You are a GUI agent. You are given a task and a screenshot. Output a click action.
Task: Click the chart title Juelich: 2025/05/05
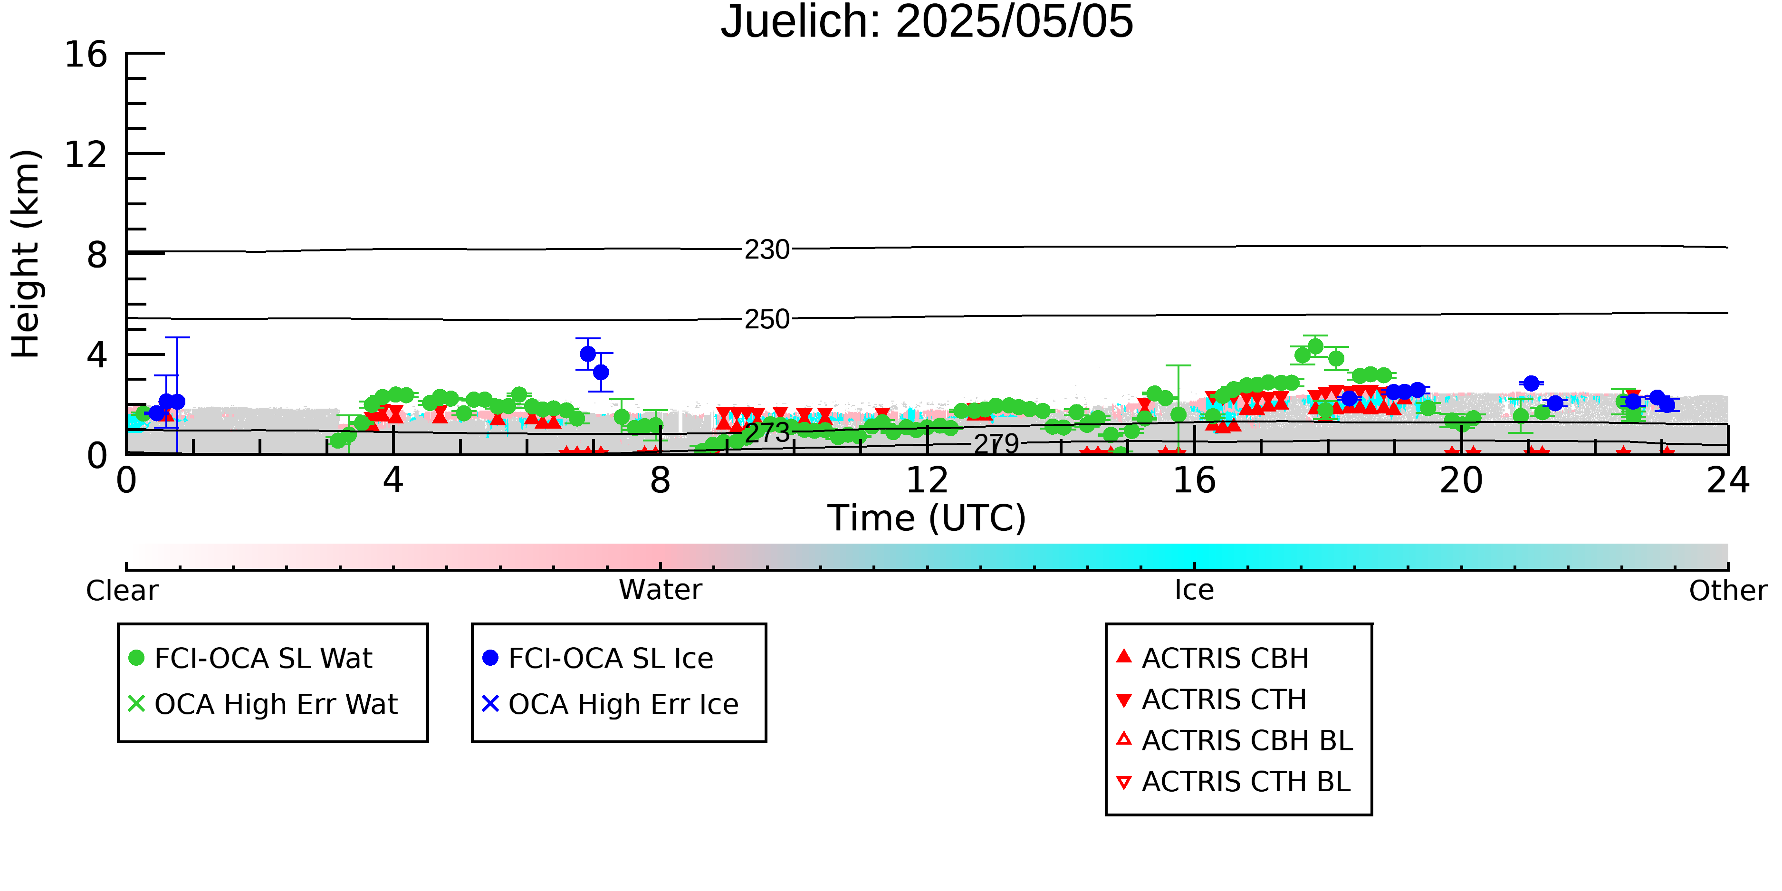927,22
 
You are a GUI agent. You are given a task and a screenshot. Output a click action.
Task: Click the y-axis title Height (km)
26,254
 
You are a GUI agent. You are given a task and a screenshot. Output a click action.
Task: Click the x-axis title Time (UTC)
927,518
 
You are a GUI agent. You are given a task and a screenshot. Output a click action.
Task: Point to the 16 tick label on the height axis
86,54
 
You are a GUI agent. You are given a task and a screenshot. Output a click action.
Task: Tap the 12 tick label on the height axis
86,154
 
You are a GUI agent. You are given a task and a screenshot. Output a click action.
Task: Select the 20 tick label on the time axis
1461,480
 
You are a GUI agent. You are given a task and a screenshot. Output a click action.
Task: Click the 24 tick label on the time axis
1728,480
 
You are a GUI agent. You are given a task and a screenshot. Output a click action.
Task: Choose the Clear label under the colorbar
122,591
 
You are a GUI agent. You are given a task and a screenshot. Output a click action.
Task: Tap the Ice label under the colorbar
1194,591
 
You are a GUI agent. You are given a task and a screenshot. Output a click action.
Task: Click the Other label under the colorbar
1728,591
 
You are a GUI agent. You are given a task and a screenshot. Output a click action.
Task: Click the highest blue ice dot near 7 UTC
588,354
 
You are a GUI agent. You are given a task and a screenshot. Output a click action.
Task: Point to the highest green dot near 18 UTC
1316,346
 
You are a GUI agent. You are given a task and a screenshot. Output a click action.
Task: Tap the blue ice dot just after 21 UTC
1532,383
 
